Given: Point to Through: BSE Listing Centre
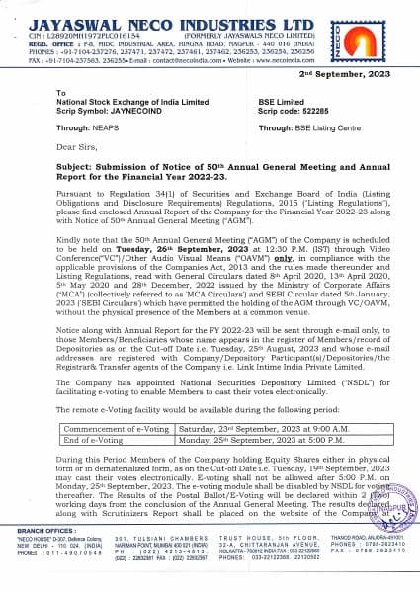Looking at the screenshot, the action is click(x=294, y=126).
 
